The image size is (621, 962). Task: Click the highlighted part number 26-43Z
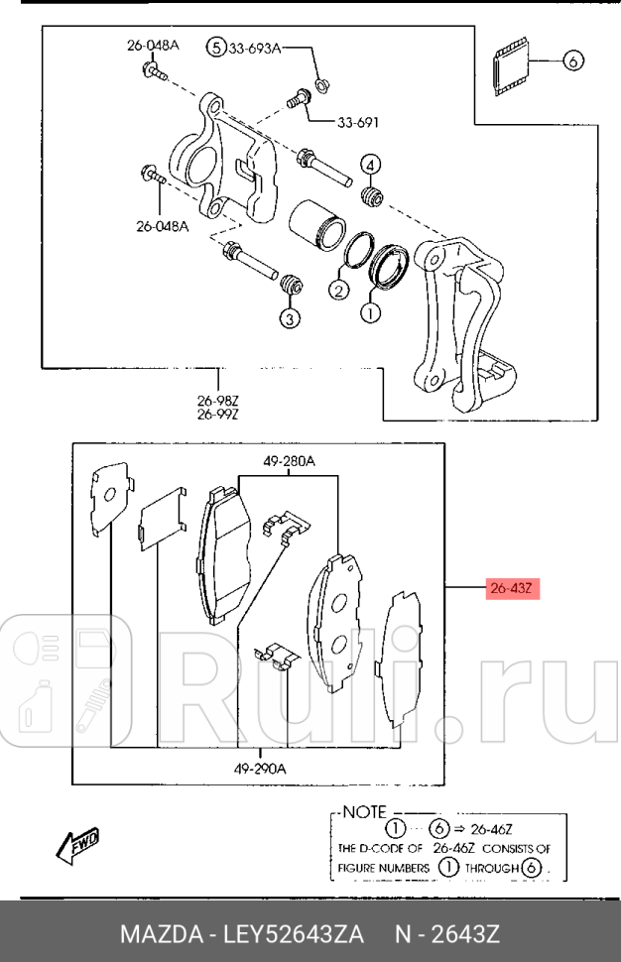pos(513,588)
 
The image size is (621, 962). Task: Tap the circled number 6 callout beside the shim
pos(572,60)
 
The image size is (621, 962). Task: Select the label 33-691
pos(358,123)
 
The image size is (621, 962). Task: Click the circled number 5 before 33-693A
pos(216,47)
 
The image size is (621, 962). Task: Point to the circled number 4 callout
pos(370,165)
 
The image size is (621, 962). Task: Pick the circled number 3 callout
pos(290,317)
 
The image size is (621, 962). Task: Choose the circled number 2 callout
pos(338,290)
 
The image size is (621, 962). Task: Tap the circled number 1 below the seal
pos(370,312)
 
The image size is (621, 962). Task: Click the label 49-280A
pos(289,461)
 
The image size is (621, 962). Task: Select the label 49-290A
pos(260,769)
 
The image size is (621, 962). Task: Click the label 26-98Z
pos(218,401)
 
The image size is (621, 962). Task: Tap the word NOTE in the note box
pos(364,812)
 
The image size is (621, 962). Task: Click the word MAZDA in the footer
pos(162,934)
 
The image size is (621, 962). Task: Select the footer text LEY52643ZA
pos(294,934)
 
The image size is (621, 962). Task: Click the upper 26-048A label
pos(153,46)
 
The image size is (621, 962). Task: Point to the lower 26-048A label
pos(162,226)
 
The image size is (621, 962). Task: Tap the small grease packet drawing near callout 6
pos(510,66)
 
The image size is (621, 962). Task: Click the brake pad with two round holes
pos(335,622)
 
